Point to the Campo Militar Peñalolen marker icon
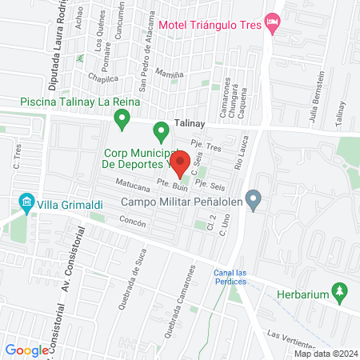point(254,199)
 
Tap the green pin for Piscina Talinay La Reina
point(122,121)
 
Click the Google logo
point(27,350)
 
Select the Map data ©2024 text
point(324,354)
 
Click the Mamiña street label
point(170,74)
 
